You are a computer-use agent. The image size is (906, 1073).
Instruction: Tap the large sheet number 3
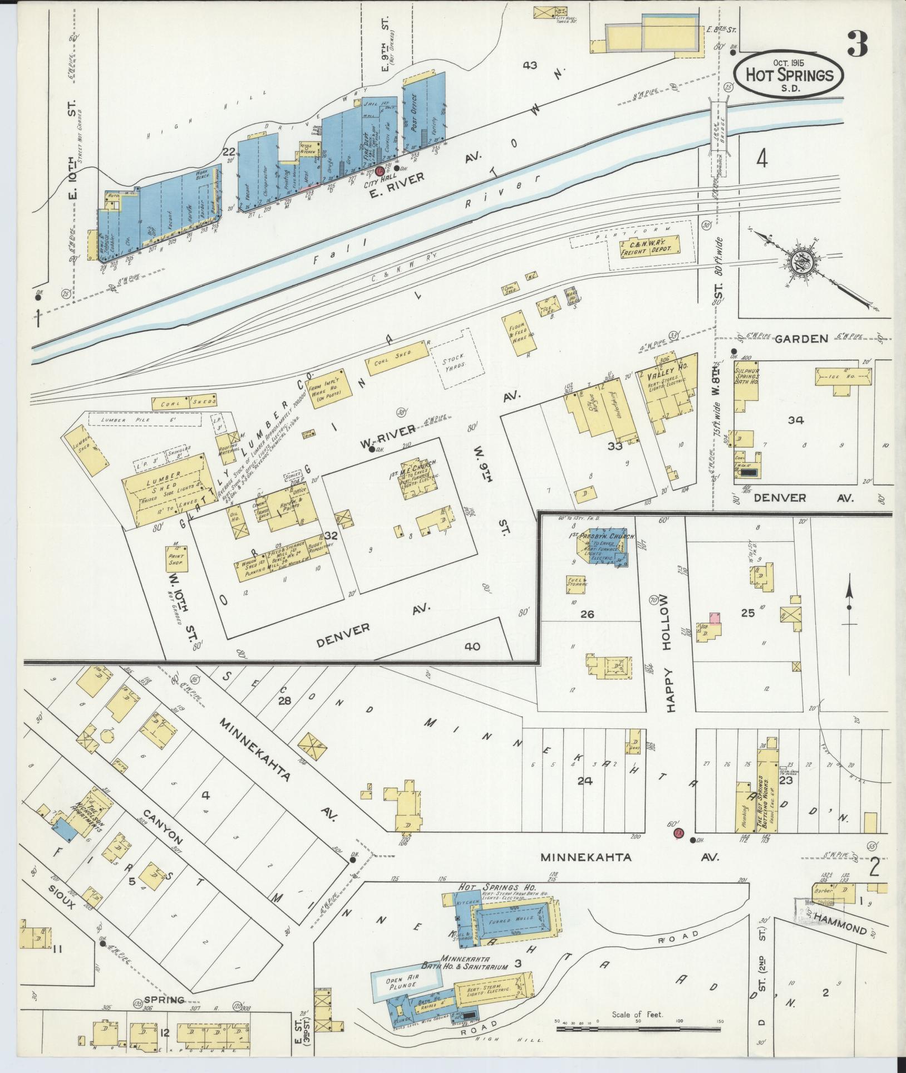858,45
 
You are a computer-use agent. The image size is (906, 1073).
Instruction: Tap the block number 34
795,420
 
